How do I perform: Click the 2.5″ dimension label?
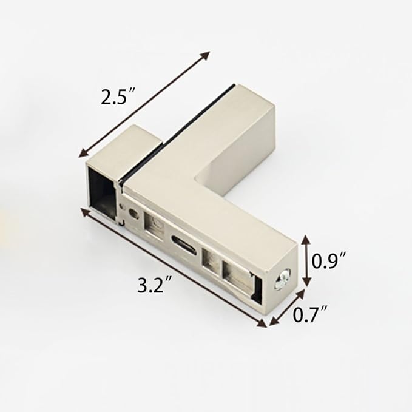click(x=118, y=96)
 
